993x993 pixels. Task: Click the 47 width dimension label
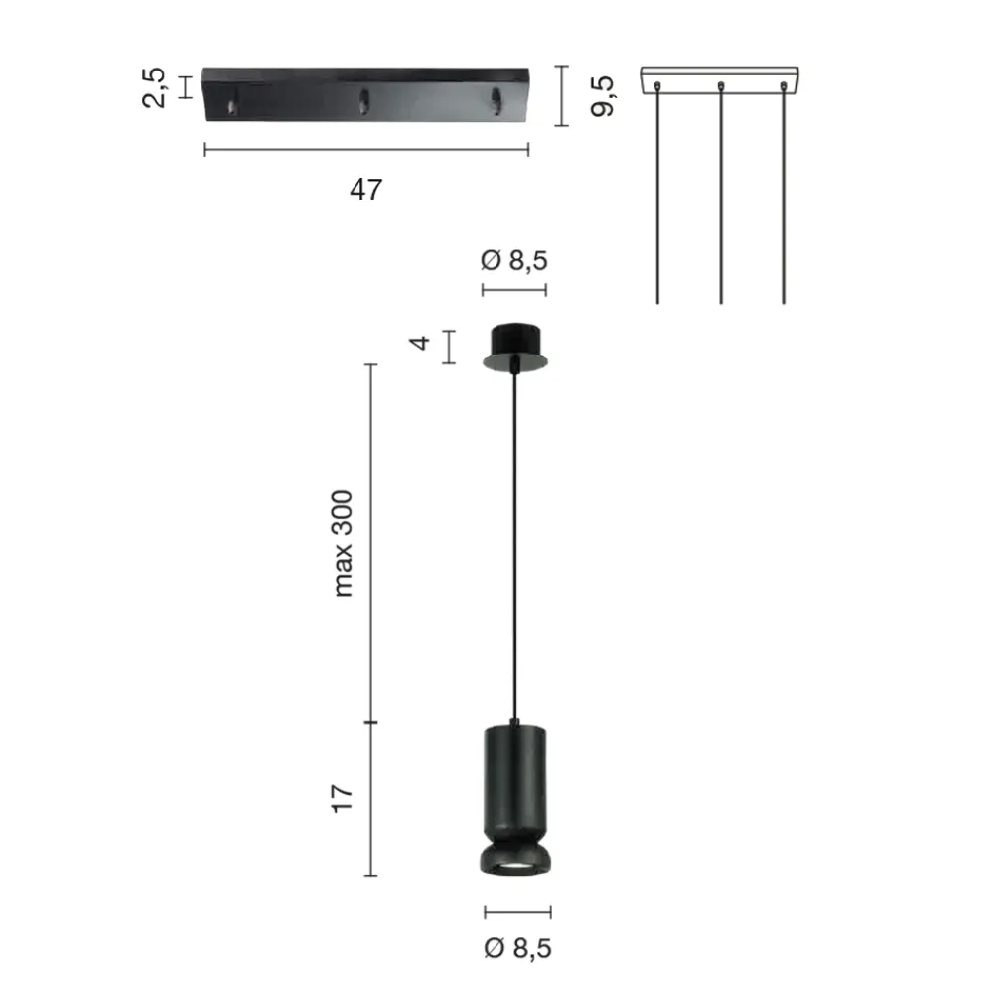[366, 190]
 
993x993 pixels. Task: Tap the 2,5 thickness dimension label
[154, 87]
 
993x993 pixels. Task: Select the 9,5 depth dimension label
[602, 95]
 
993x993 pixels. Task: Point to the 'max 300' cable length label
[343, 543]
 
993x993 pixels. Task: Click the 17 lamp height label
[342, 799]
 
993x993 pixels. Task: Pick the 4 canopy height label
[419, 343]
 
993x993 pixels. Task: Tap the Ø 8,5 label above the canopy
[513, 260]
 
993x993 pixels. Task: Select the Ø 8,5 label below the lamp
[517, 948]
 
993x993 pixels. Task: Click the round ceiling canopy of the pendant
[514, 347]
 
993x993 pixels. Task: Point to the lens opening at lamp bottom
[514, 866]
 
